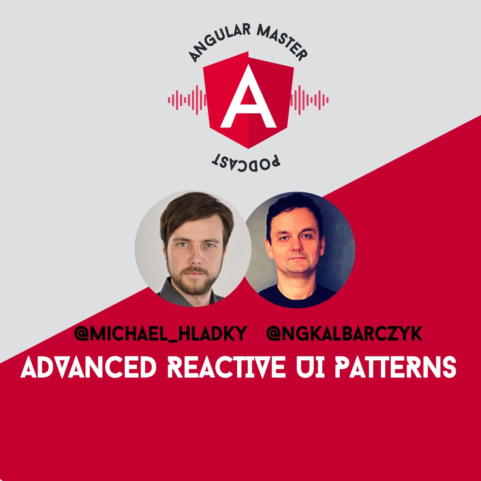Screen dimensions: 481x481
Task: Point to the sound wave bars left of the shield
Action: click(187, 100)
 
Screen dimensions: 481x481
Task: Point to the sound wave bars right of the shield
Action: click(309, 100)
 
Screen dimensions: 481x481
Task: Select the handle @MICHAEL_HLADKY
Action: click(160, 334)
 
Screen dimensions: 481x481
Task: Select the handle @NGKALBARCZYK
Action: click(344, 333)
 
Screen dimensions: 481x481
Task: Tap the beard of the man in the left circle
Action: click(193, 280)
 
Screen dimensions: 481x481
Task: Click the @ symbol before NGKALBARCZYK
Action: click(274, 333)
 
